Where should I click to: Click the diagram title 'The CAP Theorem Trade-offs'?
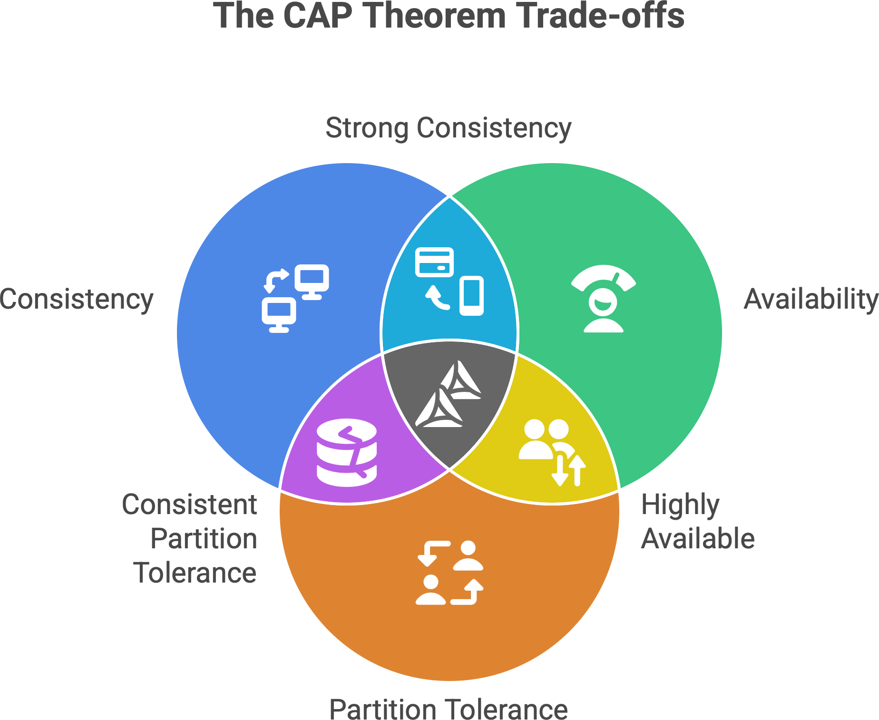click(x=449, y=16)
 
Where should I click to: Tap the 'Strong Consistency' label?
click(x=448, y=128)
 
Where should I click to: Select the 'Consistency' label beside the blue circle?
click(x=77, y=299)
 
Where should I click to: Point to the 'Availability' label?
click(x=811, y=299)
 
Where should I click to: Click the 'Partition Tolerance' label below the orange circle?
click(x=448, y=709)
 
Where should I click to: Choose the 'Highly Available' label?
click(x=697, y=522)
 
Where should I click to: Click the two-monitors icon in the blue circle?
click(x=295, y=298)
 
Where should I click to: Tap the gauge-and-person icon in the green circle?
click(x=604, y=298)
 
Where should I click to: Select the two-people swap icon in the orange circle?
click(x=449, y=573)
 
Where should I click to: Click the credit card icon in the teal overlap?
click(x=434, y=262)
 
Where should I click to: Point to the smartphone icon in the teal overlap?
click(x=471, y=295)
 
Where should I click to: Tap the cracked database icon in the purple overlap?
click(x=347, y=452)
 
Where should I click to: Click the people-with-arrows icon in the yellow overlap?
click(x=552, y=452)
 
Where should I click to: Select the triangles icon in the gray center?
click(x=449, y=394)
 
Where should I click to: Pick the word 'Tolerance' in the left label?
click(x=195, y=573)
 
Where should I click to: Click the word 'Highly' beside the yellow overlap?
click(x=680, y=505)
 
